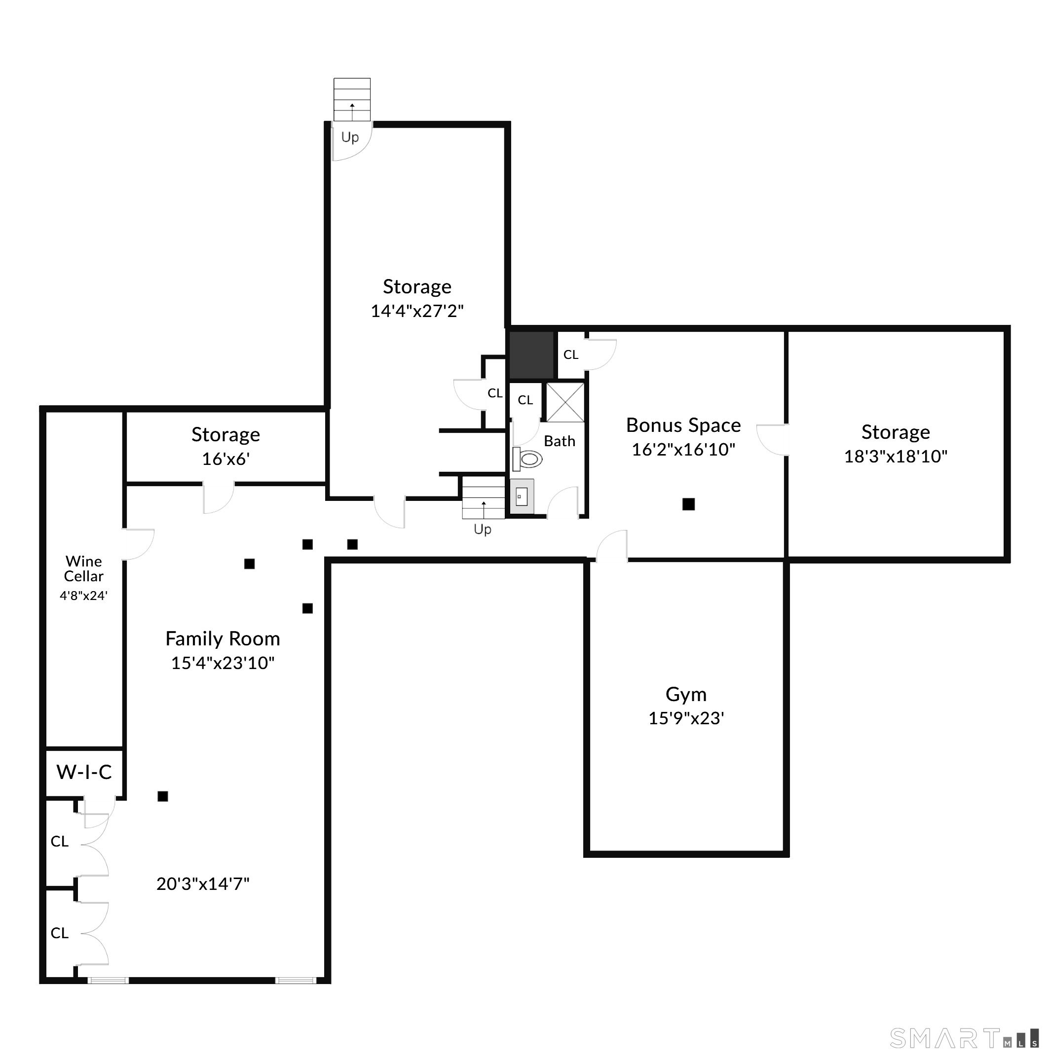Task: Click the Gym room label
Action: pyautogui.click(x=685, y=694)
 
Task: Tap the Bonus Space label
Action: pyautogui.click(x=683, y=425)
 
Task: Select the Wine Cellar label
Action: pyautogui.click(x=83, y=568)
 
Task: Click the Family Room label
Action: pyautogui.click(x=223, y=638)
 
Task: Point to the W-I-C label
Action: pyautogui.click(x=84, y=772)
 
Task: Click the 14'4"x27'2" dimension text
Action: pyautogui.click(x=417, y=311)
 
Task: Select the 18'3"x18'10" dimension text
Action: pyautogui.click(x=895, y=456)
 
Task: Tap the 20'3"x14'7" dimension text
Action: pyautogui.click(x=203, y=883)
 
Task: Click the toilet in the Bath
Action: pyautogui.click(x=527, y=459)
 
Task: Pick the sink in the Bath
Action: pyautogui.click(x=522, y=496)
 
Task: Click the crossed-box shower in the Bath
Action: pyautogui.click(x=565, y=402)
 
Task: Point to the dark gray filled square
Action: pyautogui.click(x=531, y=354)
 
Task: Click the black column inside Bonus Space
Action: pyautogui.click(x=688, y=504)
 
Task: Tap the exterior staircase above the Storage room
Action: pyautogui.click(x=352, y=99)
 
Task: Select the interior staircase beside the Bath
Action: pyautogui.click(x=484, y=498)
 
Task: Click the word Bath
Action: pyautogui.click(x=560, y=441)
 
